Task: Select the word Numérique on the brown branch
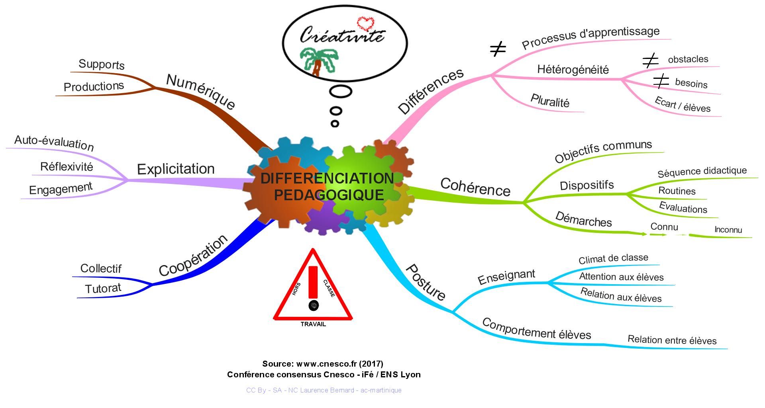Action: pos(200,92)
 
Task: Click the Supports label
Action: pos(102,64)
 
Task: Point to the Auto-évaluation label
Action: pos(54,143)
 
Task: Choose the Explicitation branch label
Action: pos(176,169)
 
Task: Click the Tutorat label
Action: pos(103,288)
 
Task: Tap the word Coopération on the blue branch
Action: pos(193,255)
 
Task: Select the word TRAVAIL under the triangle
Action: pos(313,324)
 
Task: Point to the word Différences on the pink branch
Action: pos(431,91)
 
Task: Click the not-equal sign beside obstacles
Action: pos(650,61)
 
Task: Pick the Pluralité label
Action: pos(550,101)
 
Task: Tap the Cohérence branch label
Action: pos(475,187)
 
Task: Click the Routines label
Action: pos(677,191)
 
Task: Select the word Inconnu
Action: pos(728,230)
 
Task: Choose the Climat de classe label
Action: pos(613,259)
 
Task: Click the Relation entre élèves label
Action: pos(672,340)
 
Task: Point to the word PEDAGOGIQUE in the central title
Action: pos(329,195)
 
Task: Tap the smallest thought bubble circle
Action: pos(335,124)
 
